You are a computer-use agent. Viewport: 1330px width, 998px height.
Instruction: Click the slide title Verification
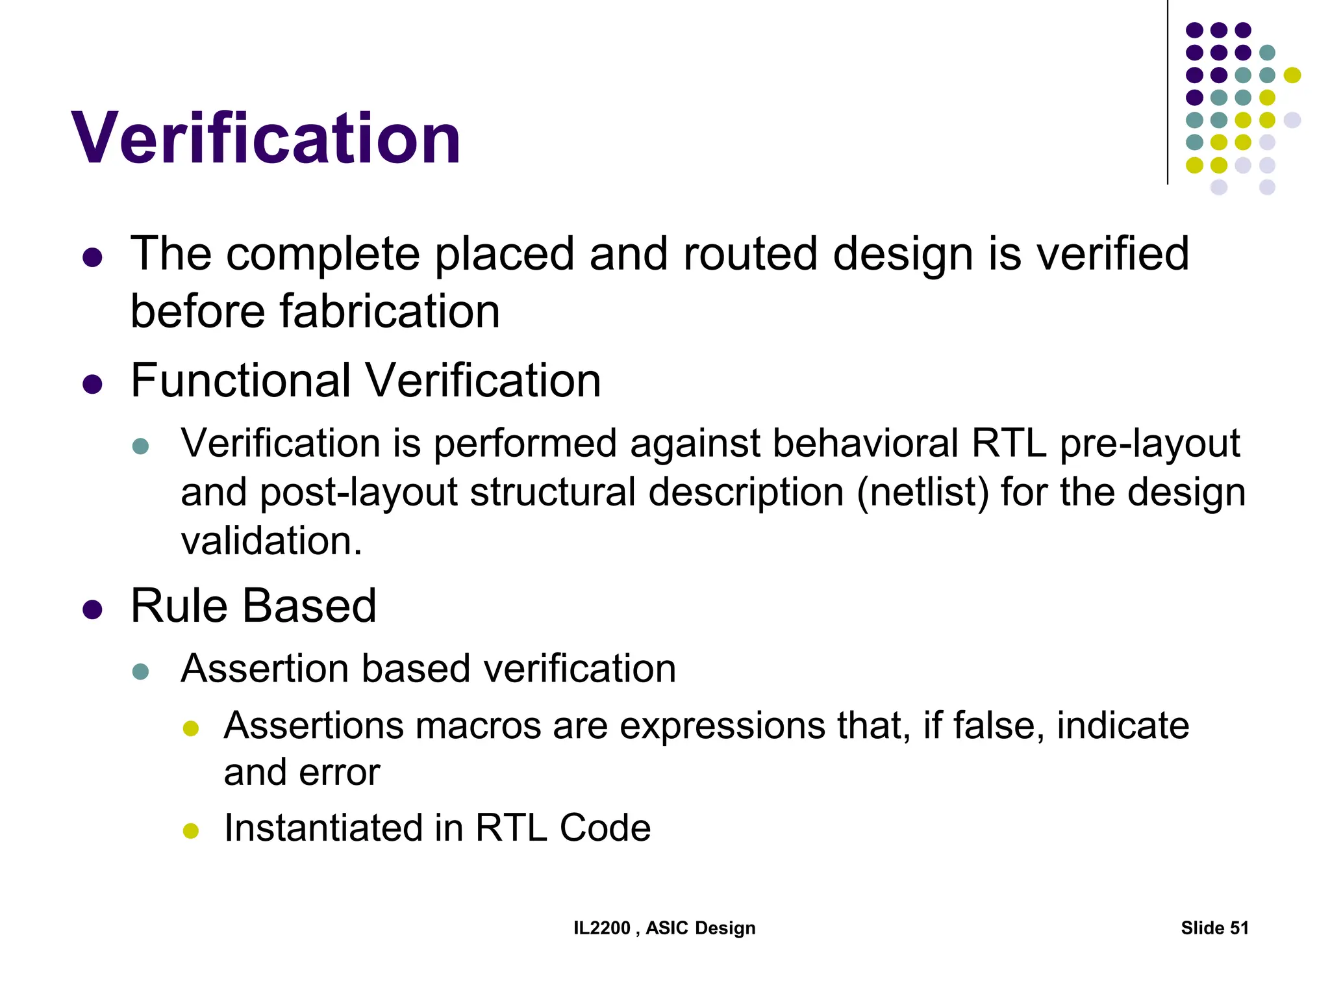(x=266, y=139)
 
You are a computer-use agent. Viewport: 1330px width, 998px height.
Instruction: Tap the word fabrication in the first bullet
(x=390, y=311)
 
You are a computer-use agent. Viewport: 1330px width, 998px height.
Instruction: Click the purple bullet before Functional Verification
(x=93, y=385)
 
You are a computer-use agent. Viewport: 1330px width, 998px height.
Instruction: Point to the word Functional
(x=240, y=381)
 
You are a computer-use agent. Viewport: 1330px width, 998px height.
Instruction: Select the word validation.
(x=271, y=541)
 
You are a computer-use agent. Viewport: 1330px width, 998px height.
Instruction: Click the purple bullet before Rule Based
(x=93, y=610)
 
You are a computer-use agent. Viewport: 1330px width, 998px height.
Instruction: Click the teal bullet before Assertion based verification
(x=140, y=671)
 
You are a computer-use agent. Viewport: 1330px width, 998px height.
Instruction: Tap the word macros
(x=478, y=726)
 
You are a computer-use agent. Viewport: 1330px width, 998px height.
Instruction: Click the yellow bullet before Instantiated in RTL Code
(x=190, y=831)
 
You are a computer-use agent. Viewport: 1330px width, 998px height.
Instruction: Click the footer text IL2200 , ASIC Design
(x=664, y=928)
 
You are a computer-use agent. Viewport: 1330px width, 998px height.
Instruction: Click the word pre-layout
(x=1149, y=444)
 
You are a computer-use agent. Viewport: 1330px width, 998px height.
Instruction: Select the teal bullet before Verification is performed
(x=140, y=446)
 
